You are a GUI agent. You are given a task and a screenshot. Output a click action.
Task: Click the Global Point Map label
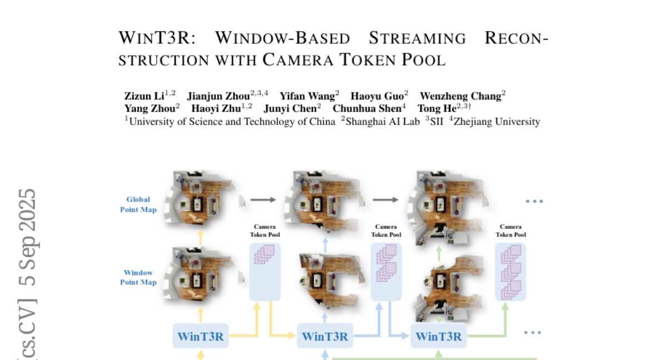coord(138,204)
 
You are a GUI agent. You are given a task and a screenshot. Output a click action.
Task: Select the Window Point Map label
coord(138,277)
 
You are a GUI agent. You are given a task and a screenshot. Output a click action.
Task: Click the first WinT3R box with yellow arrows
coord(201,336)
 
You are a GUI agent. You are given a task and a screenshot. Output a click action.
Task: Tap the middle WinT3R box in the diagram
coord(325,336)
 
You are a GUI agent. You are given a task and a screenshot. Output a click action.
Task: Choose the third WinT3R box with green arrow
coord(439,336)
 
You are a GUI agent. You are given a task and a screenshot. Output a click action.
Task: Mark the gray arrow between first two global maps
coord(263,199)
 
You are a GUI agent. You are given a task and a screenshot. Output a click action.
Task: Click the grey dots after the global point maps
coord(534,201)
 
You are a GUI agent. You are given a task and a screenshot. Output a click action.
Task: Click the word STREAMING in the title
coord(417,38)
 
